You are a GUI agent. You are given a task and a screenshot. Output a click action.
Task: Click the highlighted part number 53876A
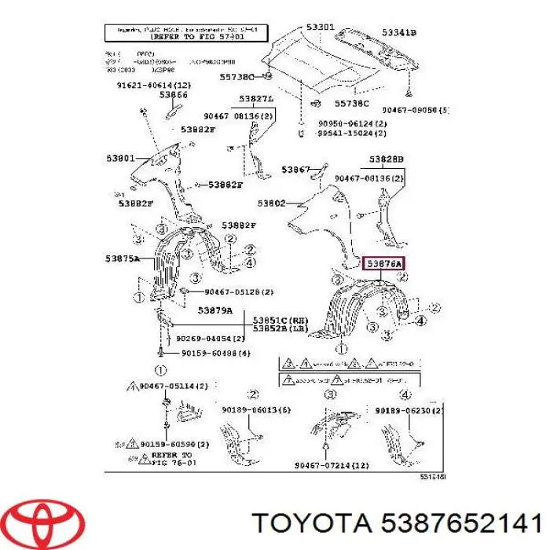[385, 264]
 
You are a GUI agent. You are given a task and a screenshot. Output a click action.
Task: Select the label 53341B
[399, 32]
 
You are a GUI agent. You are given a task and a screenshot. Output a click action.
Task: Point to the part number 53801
[123, 157]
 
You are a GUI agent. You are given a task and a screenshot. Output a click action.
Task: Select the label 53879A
[215, 310]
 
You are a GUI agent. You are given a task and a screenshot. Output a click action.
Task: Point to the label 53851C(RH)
[280, 319]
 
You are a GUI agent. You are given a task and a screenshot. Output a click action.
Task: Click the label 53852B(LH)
[280, 328]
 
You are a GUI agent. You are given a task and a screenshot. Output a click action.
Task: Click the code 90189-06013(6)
[249, 410]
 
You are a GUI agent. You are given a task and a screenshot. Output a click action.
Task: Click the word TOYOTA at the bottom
[313, 520]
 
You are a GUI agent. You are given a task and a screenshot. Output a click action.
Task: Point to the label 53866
[174, 95]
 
